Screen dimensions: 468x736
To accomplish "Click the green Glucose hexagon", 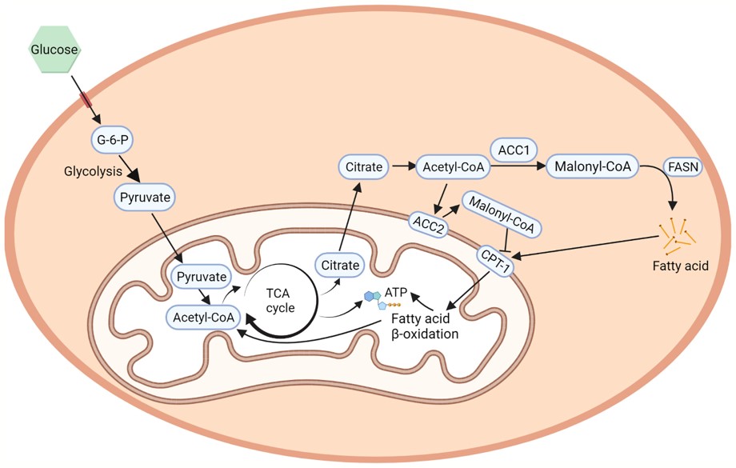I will tap(54, 49).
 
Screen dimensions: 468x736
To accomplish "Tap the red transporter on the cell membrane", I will tap(85, 100).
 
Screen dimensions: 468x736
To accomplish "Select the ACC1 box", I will tap(512, 149).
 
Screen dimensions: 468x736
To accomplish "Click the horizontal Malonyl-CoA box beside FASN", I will tap(590, 167).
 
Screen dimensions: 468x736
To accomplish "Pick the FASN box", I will tap(685, 168).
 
